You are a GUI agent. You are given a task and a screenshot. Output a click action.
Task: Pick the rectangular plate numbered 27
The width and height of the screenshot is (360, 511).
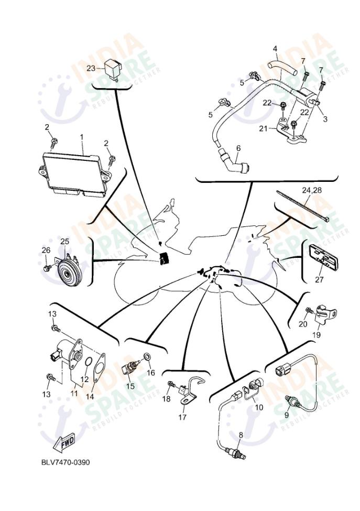coord(320,258)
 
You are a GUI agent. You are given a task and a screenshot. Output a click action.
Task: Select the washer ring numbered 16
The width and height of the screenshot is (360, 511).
coord(148,357)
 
